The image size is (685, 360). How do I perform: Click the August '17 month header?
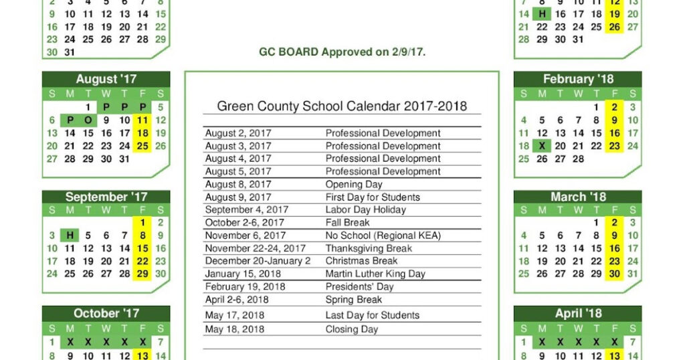coord(106,80)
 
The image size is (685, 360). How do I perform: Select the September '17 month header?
coord(106,197)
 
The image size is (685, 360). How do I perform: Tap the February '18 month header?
coord(577,80)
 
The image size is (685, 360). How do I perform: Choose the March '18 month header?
coord(577,197)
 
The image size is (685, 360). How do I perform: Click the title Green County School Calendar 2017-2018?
coord(342,106)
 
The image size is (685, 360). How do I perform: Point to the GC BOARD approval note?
coord(342,52)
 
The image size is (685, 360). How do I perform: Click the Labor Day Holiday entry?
coord(365,210)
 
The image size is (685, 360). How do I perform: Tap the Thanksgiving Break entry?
coord(369,248)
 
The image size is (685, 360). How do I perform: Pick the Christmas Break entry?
coord(361,261)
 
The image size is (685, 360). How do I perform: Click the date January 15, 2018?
coord(243,274)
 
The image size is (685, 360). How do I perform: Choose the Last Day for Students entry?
coord(372,315)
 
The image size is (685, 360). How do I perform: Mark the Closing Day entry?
coord(351,329)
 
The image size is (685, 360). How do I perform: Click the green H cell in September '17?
coord(70,236)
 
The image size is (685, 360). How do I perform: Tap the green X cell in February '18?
coord(542,146)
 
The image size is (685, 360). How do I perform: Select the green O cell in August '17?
coord(88,120)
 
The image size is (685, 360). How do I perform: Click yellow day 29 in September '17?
coord(142,274)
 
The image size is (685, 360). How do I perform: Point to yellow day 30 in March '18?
coord(614,274)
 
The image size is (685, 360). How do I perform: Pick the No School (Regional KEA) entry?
coord(383,236)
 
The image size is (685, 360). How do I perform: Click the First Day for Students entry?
coord(373,197)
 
